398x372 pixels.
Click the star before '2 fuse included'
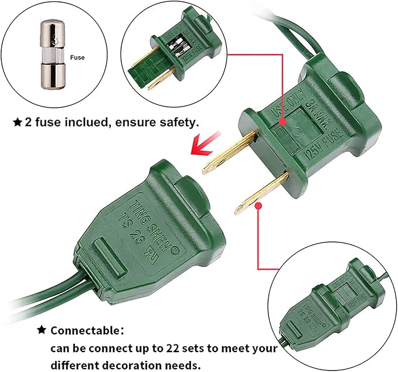[x=18, y=122]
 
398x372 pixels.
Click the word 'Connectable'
[x=85, y=330]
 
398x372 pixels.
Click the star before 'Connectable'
[x=42, y=330]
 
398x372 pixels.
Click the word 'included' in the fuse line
[x=85, y=122]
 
